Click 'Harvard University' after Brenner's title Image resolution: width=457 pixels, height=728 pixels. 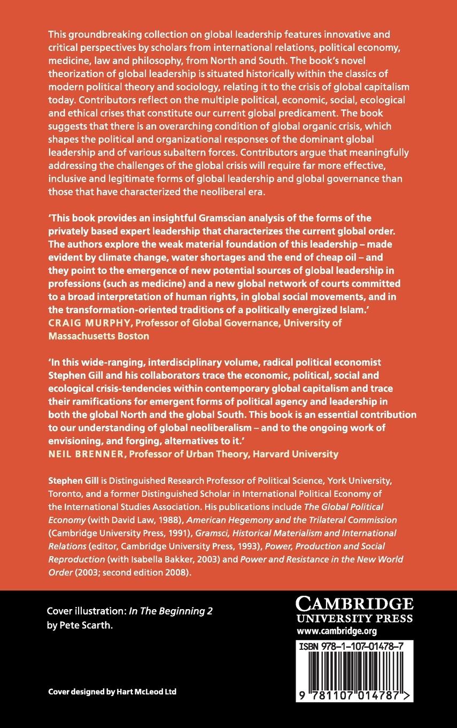pyautogui.click(x=301, y=453)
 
